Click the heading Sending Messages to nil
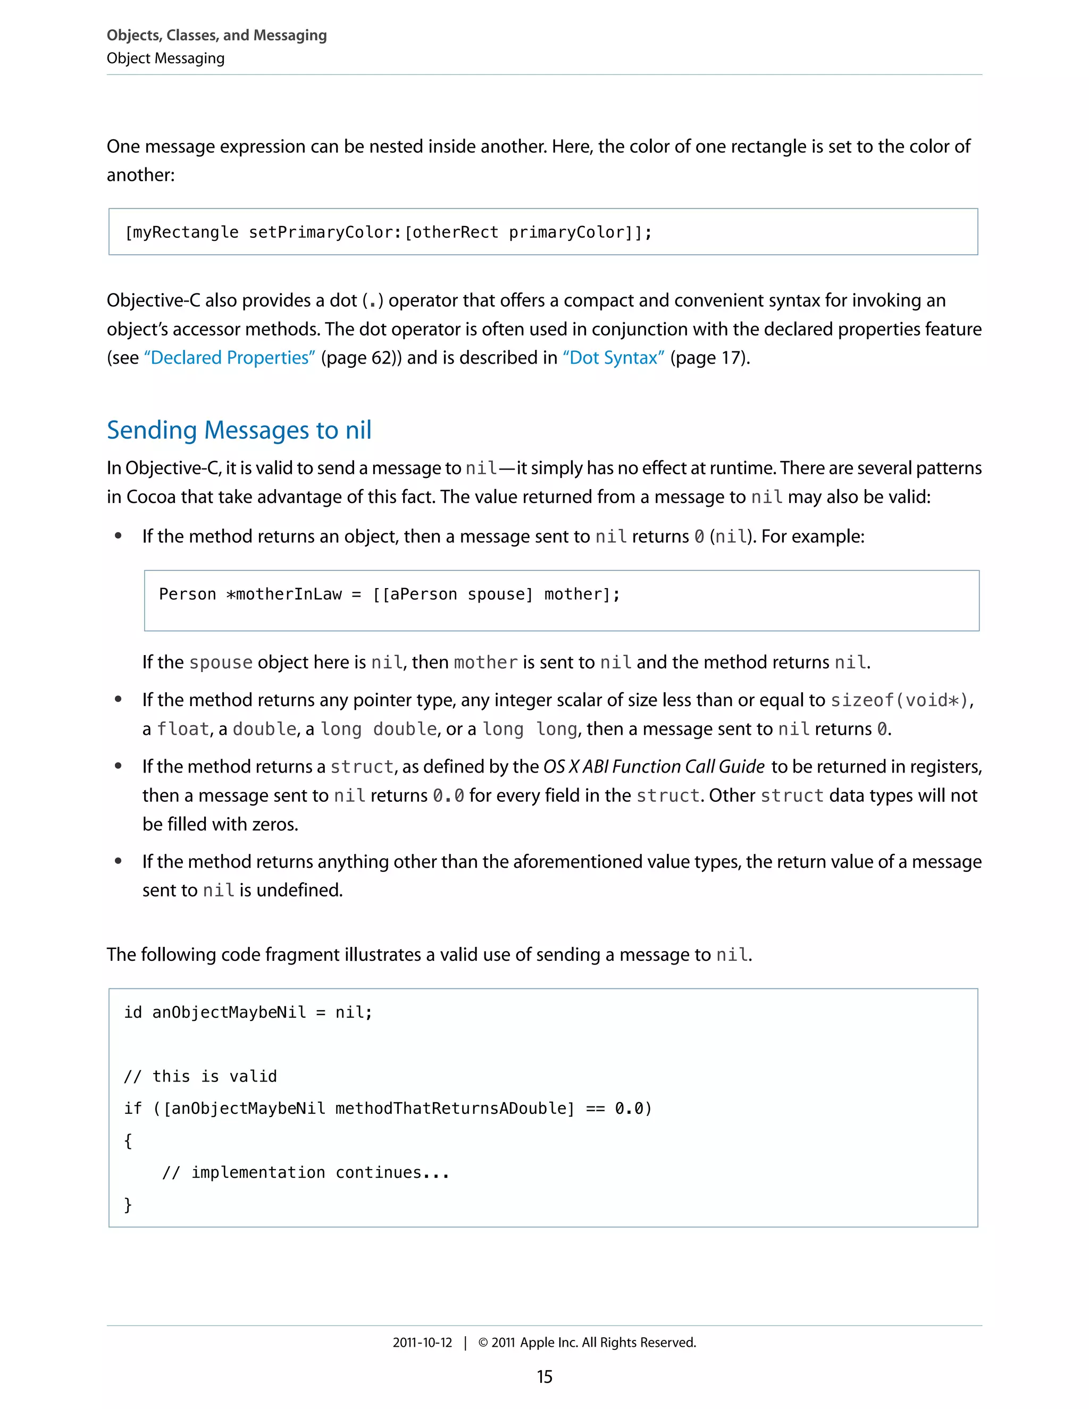click(239, 430)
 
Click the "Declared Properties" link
click(229, 357)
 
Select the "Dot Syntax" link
click(614, 357)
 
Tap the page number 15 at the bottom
click(544, 1377)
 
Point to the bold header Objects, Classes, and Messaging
click(217, 35)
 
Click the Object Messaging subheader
click(166, 58)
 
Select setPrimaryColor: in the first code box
click(326, 232)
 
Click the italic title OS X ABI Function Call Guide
click(654, 766)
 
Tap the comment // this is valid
click(200, 1076)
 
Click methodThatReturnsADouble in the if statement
click(454, 1109)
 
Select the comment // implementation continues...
click(305, 1172)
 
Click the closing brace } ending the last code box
click(128, 1204)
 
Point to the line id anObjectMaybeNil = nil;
click(248, 1012)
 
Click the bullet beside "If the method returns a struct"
click(118, 766)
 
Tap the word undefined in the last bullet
click(299, 890)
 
